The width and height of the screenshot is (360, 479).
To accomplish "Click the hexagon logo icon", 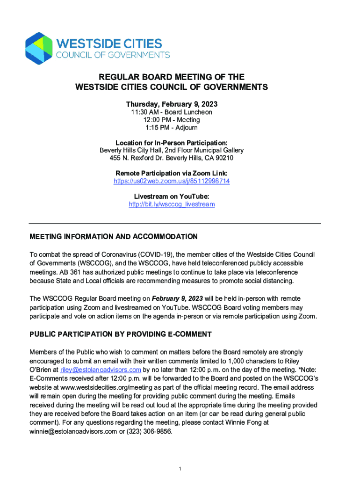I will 38,49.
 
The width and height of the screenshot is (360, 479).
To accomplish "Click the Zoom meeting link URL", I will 172,181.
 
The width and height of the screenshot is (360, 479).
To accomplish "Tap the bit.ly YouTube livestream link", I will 172,204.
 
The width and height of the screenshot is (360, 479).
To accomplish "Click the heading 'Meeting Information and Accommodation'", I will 114,237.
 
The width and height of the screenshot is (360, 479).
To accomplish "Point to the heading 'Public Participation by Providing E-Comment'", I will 121,334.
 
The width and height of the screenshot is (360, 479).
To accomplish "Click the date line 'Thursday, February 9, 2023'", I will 172,104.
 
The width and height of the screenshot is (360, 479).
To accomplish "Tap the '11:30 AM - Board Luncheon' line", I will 172,112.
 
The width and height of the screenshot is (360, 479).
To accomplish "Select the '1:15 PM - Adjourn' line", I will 172,127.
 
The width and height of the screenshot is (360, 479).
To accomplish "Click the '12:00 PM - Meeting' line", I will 172,120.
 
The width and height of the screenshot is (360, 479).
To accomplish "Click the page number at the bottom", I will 180,468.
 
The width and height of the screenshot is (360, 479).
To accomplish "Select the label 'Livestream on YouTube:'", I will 172,197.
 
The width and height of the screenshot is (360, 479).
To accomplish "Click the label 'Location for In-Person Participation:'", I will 172,143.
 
